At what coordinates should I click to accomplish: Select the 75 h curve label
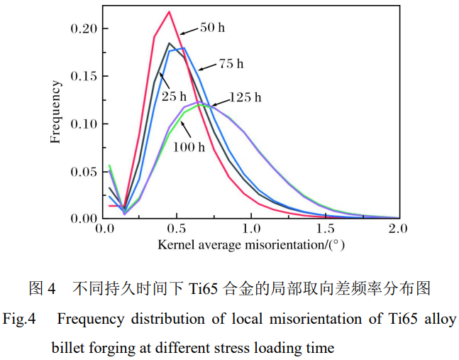click(x=230, y=65)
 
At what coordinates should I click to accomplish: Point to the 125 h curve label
click(x=245, y=97)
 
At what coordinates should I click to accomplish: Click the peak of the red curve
click(x=170, y=11)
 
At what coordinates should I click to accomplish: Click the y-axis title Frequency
click(x=55, y=111)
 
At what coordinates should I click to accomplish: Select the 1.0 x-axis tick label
click(x=252, y=229)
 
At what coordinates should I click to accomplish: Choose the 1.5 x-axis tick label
click(x=326, y=229)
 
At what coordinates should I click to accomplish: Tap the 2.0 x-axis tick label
click(x=399, y=229)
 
